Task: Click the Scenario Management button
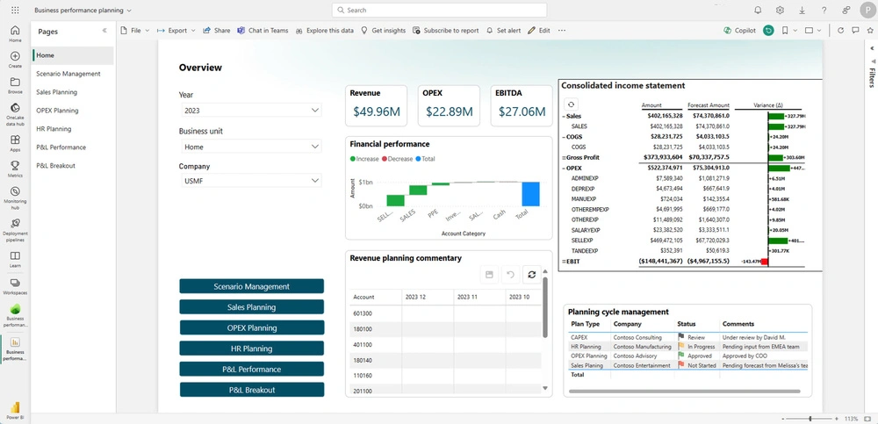tap(251, 286)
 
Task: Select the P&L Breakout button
tap(251, 390)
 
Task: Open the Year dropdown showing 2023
tap(251, 111)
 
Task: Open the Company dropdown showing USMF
tap(251, 181)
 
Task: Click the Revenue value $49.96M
tap(377, 111)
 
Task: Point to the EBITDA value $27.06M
tap(522, 111)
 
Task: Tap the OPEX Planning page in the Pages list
tap(57, 111)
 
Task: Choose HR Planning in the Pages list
tap(54, 129)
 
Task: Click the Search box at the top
tap(439, 10)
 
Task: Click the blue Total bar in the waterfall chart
tap(529, 194)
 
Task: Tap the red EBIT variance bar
tap(765, 262)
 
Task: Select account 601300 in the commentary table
tap(363, 313)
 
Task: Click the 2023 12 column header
tap(415, 298)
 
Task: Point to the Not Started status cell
tap(701, 365)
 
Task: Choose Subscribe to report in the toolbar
tap(446, 30)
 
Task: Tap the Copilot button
tap(739, 30)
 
